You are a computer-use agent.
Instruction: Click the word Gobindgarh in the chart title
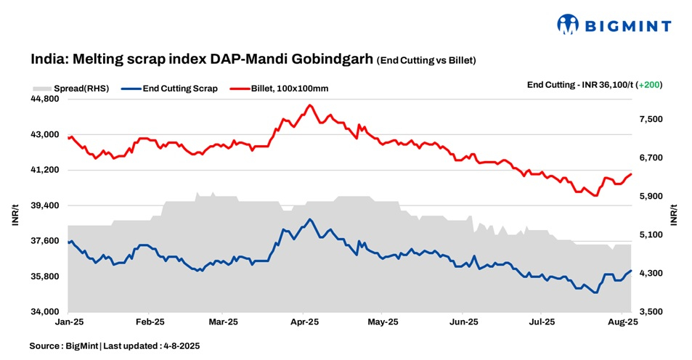pyautogui.click(x=336, y=60)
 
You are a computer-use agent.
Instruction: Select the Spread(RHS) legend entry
pyautogui.click(x=71, y=89)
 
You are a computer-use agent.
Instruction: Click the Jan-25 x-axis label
pyautogui.click(x=68, y=321)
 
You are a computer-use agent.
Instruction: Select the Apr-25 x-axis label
pyautogui.click(x=306, y=321)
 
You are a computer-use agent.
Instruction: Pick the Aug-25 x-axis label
pyautogui.click(x=622, y=321)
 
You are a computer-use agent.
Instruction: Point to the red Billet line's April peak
pyautogui.click(x=310, y=105)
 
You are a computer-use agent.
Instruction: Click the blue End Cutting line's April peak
pyautogui.click(x=310, y=219)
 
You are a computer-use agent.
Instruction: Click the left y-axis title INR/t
pyautogui.click(x=15, y=216)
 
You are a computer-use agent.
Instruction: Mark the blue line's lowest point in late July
pyautogui.click(x=595, y=292)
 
